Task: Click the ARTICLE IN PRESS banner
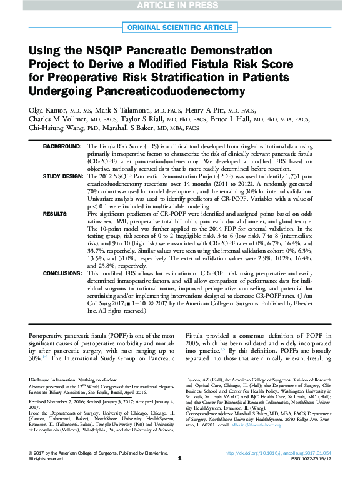[x=180, y=6]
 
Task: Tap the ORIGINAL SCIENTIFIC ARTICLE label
[x=180, y=28]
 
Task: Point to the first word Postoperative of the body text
[x=49, y=336]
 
